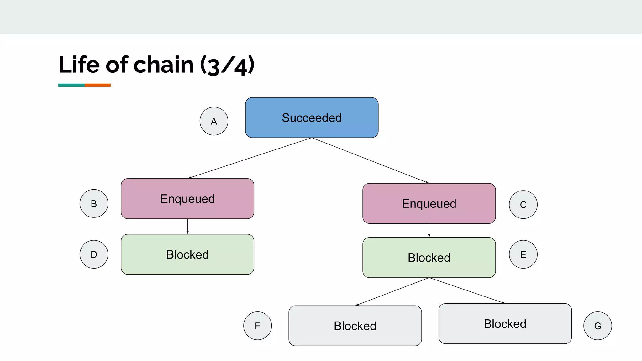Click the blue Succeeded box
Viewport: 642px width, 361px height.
(312, 118)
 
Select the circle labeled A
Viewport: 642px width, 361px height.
(214, 121)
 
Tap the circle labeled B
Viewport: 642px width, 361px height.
(94, 203)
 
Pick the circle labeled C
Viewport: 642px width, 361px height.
(523, 205)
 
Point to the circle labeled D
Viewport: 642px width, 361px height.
(94, 254)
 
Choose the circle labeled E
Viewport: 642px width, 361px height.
(523, 254)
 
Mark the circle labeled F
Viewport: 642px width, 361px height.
(257, 326)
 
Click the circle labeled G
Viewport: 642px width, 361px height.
(597, 326)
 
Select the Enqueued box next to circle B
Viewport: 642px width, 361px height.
(187, 199)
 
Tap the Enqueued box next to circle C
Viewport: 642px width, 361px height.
(429, 203)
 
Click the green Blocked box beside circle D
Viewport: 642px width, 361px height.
(187, 254)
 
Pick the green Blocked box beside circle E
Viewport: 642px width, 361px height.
(429, 257)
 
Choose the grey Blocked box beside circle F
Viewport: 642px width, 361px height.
(355, 326)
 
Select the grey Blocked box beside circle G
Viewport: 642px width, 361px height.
(505, 323)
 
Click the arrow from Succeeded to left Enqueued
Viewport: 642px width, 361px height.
(250, 158)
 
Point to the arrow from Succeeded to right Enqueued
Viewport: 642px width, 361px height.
(370, 160)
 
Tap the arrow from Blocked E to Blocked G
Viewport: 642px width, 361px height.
(467, 290)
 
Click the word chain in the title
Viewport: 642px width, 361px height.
(164, 65)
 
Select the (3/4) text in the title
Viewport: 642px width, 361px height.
(227, 65)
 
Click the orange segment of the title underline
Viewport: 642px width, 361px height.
(97, 85)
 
